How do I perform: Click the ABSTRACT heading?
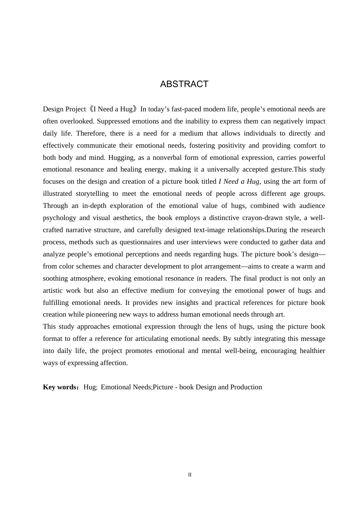tap(184, 84)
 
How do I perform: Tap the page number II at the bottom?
tap(190, 475)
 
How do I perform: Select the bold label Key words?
tap(60, 387)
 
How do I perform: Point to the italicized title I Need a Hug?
tap(239, 181)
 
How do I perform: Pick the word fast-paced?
tap(187, 109)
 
